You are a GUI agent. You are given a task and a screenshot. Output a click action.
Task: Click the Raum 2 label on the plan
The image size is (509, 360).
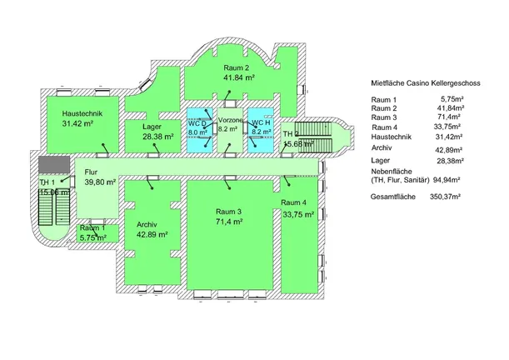tap(237, 65)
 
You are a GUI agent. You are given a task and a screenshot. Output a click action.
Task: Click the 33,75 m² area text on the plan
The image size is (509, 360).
tap(297, 214)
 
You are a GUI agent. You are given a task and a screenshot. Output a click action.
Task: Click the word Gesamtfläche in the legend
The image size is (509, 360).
tap(393, 197)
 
